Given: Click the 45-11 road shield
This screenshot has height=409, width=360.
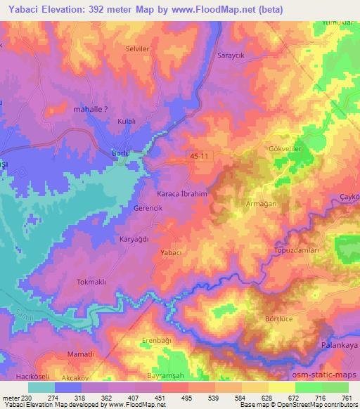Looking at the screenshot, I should pos(199,155).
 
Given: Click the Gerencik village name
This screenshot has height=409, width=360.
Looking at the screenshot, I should pos(148,209).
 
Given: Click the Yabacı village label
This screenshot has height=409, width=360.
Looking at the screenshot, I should pos(172,252).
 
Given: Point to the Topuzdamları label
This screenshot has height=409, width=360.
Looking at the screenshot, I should pos(296,250).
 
